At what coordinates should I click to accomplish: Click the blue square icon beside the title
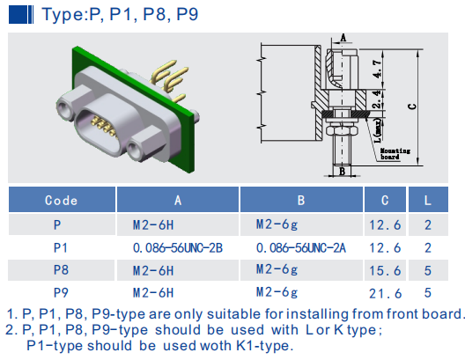pos(21,15)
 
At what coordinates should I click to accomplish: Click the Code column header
pos(61,201)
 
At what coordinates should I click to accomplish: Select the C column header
pos(385,201)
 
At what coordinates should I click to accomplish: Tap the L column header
pos(428,201)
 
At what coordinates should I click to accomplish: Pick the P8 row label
pos(61,270)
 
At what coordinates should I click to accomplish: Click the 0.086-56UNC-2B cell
pos(178,248)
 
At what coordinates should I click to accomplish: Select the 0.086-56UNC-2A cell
pos(301,248)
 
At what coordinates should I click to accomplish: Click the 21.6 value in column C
pos(385,294)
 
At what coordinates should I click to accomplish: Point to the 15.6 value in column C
pos(385,270)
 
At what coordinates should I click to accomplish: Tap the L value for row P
pos(428,225)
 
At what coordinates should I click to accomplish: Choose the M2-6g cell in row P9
pos(277,293)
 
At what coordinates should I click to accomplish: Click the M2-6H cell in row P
pos(153,225)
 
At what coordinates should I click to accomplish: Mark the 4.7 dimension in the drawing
pos(377,69)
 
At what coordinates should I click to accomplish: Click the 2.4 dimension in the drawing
pos(377,99)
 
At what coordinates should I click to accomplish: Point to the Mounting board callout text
pos(395,154)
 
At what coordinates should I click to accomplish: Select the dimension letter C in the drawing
pos(412,107)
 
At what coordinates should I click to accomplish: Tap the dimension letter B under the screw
pos(343,172)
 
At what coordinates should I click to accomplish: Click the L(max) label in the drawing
pos(378,130)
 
